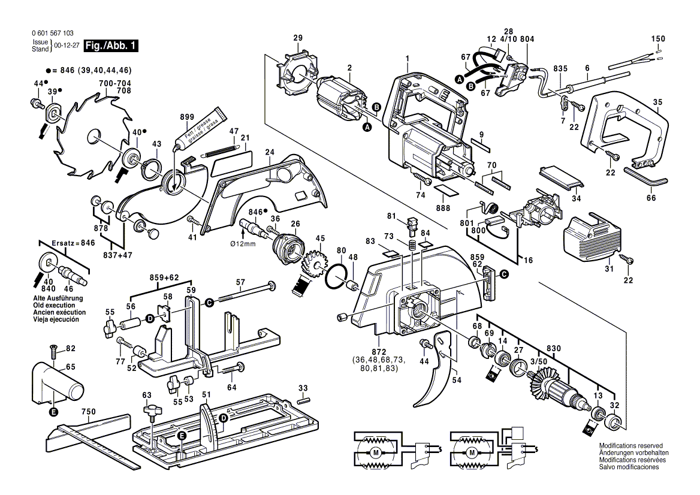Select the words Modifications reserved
pyautogui.click(x=630, y=446)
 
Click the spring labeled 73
pyautogui.click(x=412, y=246)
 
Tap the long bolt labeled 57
pyautogui.click(x=246, y=292)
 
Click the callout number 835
pyautogui.click(x=560, y=68)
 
